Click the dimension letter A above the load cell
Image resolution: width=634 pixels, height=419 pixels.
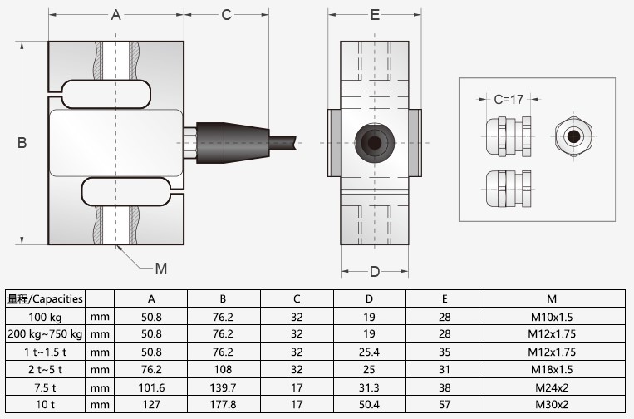[116, 15]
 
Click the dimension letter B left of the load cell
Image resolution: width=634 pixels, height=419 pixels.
[22, 143]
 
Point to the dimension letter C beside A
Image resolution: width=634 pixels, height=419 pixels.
[226, 15]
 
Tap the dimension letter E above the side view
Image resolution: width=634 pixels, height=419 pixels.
[375, 15]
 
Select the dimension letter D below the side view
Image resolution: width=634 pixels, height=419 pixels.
[375, 272]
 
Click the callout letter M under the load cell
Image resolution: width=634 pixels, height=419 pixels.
[161, 268]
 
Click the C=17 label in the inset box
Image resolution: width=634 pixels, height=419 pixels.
[508, 99]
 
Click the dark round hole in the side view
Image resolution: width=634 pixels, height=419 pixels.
[375, 143]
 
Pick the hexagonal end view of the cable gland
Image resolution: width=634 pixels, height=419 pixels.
[573, 135]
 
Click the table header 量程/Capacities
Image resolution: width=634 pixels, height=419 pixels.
[45, 299]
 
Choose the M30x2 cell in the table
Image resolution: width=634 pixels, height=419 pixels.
[551, 404]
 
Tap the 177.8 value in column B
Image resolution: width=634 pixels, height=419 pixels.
[224, 404]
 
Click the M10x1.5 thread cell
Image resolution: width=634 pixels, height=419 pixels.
[551, 317]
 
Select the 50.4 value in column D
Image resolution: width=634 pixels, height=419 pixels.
[370, 404]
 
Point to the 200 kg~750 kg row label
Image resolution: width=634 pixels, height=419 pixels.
[45, 334]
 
